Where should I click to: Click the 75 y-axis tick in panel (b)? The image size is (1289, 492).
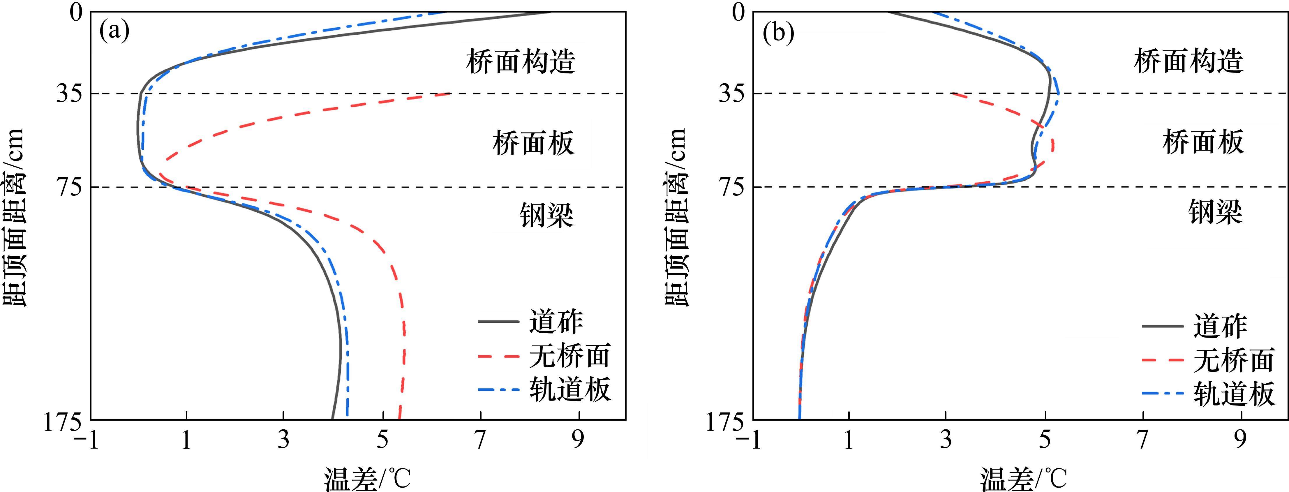(x=731, y=187)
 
